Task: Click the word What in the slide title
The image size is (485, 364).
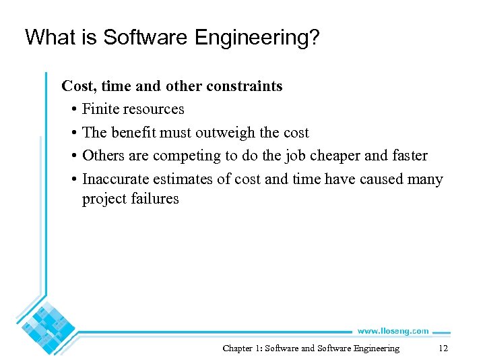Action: click(49, 37)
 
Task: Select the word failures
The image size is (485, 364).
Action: click(156, 199)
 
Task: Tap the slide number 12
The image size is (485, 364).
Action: click(443, 348)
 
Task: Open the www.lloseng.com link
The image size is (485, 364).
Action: click(393, 331)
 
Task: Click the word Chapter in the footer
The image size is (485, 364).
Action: click(237, 348)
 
